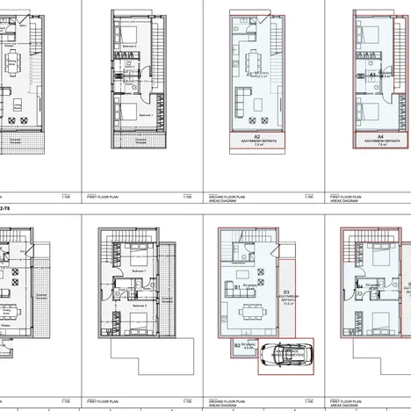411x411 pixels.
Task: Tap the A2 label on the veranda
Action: pos(257,138)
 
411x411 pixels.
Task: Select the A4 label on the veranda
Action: pos(379,138)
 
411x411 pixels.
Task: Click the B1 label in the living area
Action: pos(237,285)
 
